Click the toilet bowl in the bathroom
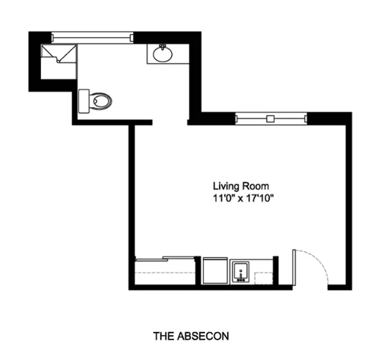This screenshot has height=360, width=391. tap(101, 101)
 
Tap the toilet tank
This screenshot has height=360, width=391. tap(84, 101)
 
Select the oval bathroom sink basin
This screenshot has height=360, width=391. tap(163, 54)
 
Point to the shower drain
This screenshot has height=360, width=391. tap(58, 61)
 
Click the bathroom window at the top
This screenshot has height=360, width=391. tap(92, 37)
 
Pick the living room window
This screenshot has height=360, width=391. tap(271, 118)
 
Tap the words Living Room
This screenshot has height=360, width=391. tap(241, 186)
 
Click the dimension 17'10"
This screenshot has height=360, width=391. tap(260, 198)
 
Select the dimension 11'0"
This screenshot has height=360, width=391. tap(223, 198)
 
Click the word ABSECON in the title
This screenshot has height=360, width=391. tap(203, 336)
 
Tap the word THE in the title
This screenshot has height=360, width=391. tap(163, 336)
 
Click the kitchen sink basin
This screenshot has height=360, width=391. tap(241, 272)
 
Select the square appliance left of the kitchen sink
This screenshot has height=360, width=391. tap(215, 271)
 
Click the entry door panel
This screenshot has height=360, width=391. tap(294, 267)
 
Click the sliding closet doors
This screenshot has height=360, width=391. tap(165, 259)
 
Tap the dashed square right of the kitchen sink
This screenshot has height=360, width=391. tap(263, 278)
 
